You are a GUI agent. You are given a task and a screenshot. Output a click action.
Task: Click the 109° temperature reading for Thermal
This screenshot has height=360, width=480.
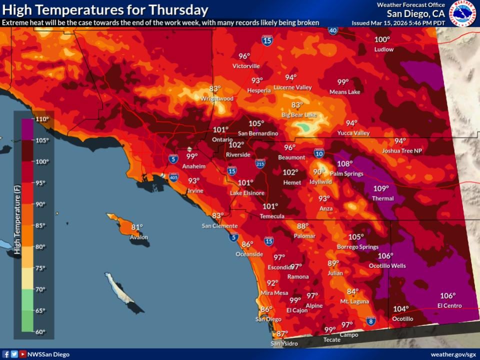[381, 188]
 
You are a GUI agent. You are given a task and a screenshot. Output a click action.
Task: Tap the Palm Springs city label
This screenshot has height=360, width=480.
[346, 174]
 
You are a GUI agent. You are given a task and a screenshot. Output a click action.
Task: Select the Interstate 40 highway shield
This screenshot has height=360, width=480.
[333, 30]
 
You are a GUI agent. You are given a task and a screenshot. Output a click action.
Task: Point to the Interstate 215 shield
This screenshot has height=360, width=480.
[260, 163]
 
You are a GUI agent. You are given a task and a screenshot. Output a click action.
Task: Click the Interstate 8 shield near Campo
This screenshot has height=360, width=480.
[370, 321]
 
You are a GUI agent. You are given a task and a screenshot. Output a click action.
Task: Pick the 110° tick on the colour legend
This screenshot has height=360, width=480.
[42, 119]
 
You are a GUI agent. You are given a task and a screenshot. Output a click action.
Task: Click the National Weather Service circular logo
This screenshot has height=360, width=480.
[462, 13]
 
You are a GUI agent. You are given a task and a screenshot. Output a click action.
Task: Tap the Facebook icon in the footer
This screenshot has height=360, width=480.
[6, 354]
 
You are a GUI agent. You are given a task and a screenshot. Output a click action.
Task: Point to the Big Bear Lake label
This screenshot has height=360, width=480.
[299, 115]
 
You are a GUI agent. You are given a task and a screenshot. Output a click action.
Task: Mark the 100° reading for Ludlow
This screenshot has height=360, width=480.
[382, 39]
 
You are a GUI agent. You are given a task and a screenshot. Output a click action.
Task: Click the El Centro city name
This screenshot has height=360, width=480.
[449, 305]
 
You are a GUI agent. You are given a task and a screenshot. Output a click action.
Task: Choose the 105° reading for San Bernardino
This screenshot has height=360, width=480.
[256, 123]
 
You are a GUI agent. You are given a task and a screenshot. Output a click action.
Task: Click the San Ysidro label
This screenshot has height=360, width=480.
[284, 343]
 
